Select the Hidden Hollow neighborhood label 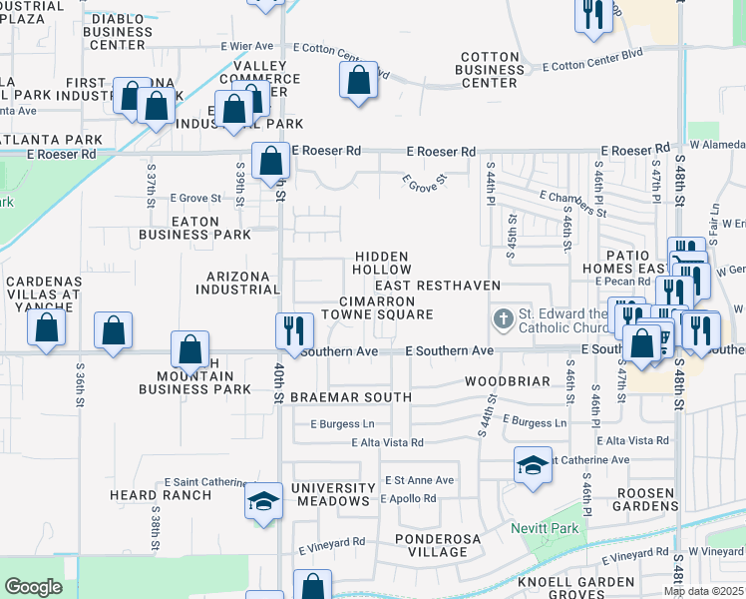click(x=382, y=263)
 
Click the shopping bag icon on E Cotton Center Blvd click(x=359, y=78)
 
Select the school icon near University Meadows click(x=263, y=500)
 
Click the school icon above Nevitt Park click(x=534, y=464)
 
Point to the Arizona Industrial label click(x=237, y=283)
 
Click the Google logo click(x=33, y=587)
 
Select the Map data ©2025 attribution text click(x=703, y=591)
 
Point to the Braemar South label click(x=350, y=397)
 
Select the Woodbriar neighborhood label click(x=507, y=382)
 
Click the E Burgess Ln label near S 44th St click(x=537, y=422)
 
